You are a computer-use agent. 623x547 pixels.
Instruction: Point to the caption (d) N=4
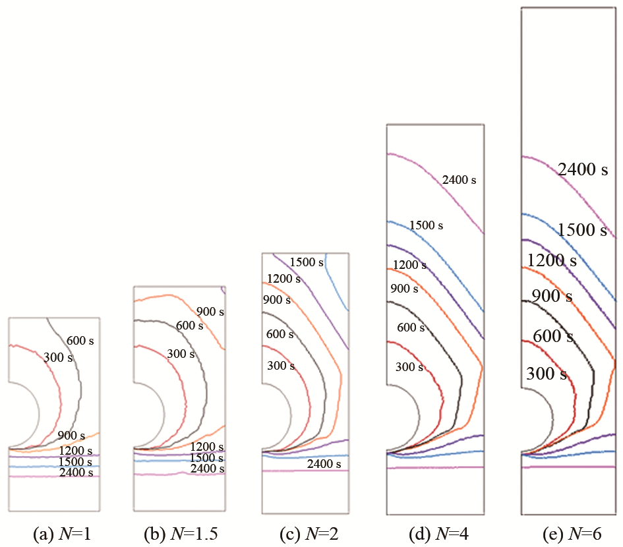point(435,534)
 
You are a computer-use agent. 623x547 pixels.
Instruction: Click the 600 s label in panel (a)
point(80,340)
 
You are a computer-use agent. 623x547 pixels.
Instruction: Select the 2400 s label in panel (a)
point(76,473)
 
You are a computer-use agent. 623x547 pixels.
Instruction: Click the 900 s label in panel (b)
point(210,312)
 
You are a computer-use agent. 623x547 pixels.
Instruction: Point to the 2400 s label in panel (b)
point(207,469)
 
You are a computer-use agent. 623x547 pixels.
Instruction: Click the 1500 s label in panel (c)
point(307,263)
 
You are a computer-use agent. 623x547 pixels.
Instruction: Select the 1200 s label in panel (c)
point(283,279)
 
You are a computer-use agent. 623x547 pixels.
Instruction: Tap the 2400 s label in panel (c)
point(324,465)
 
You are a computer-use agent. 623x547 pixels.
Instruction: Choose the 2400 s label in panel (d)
point(459,179)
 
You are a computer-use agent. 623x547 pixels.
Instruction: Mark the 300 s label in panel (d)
point(409,367)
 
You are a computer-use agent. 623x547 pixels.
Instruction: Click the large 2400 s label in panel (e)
point(583,170)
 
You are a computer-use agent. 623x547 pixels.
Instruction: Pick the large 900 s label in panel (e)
point(552,296)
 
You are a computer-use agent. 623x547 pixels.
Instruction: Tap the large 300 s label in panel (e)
point(547,374)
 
